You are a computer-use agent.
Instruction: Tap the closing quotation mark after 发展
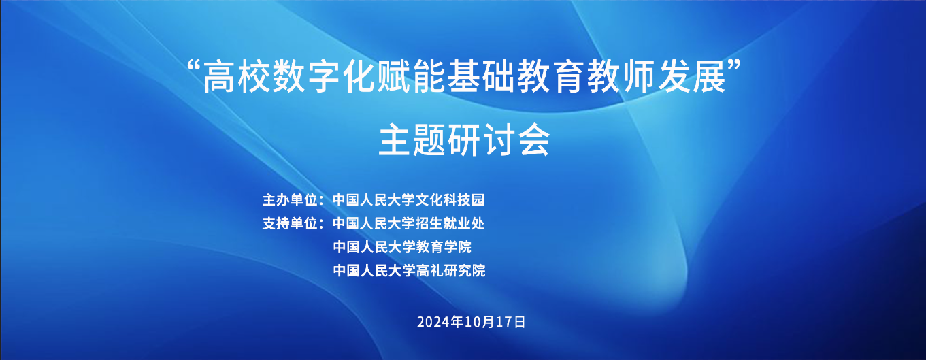(x=733, y=65)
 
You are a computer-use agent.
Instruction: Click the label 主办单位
(x=291, y=200)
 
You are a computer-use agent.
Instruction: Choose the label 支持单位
(x=291, y=224)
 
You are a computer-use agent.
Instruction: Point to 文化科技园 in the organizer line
(x=450, y=200)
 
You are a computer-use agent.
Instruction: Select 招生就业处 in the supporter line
(x=450, y=224)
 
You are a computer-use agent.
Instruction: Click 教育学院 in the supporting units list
(x=444, y=247)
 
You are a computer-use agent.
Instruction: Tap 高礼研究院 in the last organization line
(x=450, y=271)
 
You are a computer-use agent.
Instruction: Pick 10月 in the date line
(x=479, y=322)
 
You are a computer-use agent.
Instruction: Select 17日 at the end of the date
(x=510, y=322)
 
